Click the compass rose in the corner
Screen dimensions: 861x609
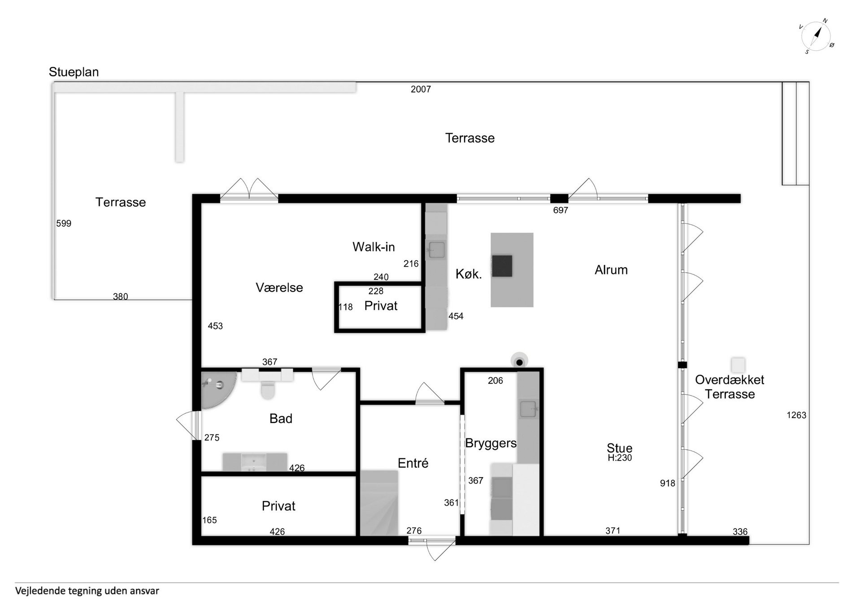tap(816, 36)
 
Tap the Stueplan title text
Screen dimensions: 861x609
tap(74, 72)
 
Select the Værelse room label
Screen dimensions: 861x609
tap(279, 287)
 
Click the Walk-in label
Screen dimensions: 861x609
tap(374, 247)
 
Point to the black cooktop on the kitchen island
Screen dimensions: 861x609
tap(502, 265)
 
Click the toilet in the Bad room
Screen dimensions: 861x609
tap(268, 390)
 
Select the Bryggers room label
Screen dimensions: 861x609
tap(491, 443)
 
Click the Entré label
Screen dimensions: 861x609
tap(413, 463)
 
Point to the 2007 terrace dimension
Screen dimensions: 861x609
tap(421, 89)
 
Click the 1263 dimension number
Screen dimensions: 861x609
tap(796, 415)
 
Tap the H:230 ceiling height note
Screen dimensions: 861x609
tap(620, 458)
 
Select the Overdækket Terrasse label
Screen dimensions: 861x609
tap(730, 387)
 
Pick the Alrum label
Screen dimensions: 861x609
tap(611, 270)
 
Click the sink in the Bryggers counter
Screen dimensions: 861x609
tap(528, 409)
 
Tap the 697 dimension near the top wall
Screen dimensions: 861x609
tap(561, 210)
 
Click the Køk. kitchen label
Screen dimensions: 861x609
tap(469, 274)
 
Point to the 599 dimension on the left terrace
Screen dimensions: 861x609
tap(64, 223)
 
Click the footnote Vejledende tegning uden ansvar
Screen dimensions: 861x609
tap(87, 591)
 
